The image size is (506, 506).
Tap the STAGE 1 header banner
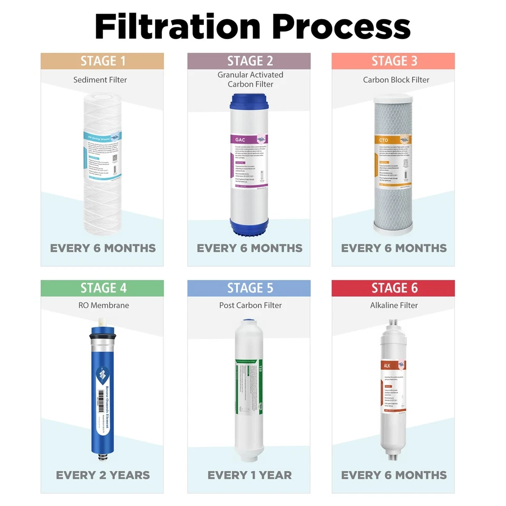coord(102,61)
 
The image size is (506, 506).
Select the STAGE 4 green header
coord(102,288)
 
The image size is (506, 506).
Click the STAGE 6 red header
coord(393,288)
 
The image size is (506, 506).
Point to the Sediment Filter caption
coord(100,80)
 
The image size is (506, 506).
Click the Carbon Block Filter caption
coord(396,80)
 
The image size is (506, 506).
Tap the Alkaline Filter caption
coord(394,305)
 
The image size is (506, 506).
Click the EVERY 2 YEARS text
coord(102,475)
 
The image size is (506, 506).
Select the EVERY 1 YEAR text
coord(249,475)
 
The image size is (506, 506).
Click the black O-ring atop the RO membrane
coord(103,334)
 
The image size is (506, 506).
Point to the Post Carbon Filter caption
coord(250,305)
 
